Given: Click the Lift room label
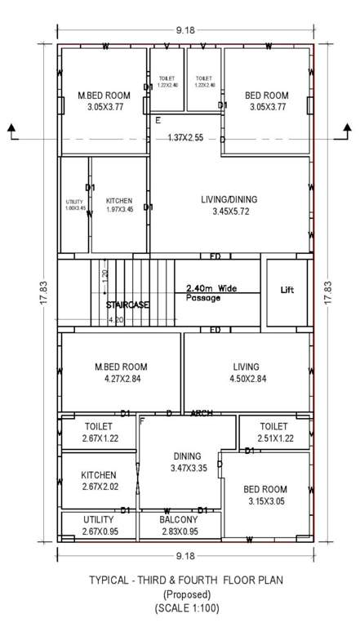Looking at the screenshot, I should tap(287, 290).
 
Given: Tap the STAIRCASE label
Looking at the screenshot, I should tap(127, 305).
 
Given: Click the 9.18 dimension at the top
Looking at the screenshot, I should tap(185, 30).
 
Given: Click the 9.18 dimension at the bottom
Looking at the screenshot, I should tap(185, 557).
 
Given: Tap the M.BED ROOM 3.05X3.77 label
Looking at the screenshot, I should tap(103, 101).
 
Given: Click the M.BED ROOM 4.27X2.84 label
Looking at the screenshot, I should tap(121, 372).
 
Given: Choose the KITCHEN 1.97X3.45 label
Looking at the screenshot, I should tap(118, 205).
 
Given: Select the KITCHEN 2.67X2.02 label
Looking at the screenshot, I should tap(98, 481).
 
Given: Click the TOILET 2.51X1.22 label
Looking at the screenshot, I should tap(273, 432).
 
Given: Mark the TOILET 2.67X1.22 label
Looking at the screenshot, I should tap(98, 432).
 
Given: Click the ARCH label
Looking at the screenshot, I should tap(202, 413).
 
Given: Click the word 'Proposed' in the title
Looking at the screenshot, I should tap(187, 594).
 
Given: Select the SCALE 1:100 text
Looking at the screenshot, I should tap(187, 607).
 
